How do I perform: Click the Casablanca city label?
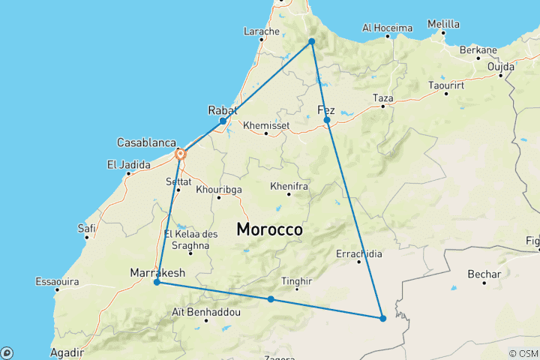coord(146,142)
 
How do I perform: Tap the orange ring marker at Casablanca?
coord(180,154)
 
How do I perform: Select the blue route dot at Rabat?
coord(223,121)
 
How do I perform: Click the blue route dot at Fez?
coord(327,120)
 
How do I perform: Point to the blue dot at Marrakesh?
coord(157,283)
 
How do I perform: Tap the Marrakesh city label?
coord(157,271)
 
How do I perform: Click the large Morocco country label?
coord(270,230)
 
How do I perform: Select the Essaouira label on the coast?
coord(57,282)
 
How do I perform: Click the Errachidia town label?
coord(359,253)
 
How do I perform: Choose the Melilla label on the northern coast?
coord(442,24)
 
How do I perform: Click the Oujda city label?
coord(501,66)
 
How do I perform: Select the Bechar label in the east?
coord(484,274)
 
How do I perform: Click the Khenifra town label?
coord(289,184)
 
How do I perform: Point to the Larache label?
coord(262,31)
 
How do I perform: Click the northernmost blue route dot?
coord(311,41)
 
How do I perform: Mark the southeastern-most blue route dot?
coord(382,318)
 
